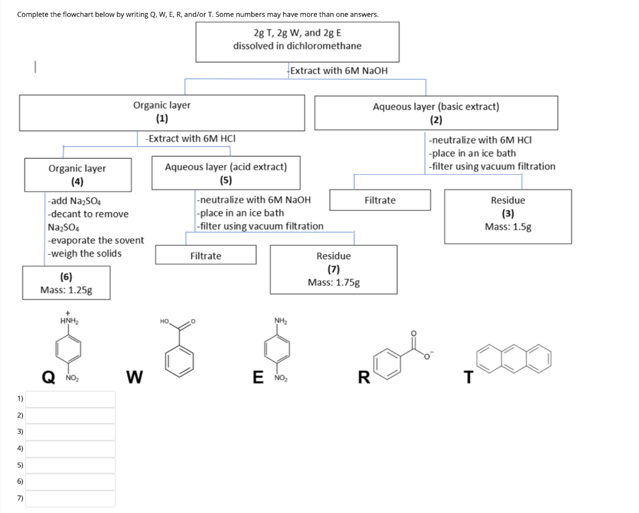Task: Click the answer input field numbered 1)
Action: (x=70, y=398)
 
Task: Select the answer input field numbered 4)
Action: (x=70, y=448)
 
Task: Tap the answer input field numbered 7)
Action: (x=70, y=498)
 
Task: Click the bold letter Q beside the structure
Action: (x=47, y=377)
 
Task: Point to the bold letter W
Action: (x=134, y=377)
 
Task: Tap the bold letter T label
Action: (x=469, y=377)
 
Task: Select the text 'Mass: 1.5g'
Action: (x=508, y=227)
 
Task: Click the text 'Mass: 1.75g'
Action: (x=333, y=282)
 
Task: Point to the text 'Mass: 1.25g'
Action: (x=66, y=290)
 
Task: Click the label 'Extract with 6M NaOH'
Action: (x=339, y=71)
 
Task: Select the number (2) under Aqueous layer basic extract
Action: (x=436, y=120)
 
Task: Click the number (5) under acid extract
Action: (x=226, y=180)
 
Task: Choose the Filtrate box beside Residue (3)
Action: (x=380, y=200)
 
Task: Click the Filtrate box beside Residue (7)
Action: (x=205, y=256)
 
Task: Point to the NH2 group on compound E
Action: (x=280, y=321)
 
